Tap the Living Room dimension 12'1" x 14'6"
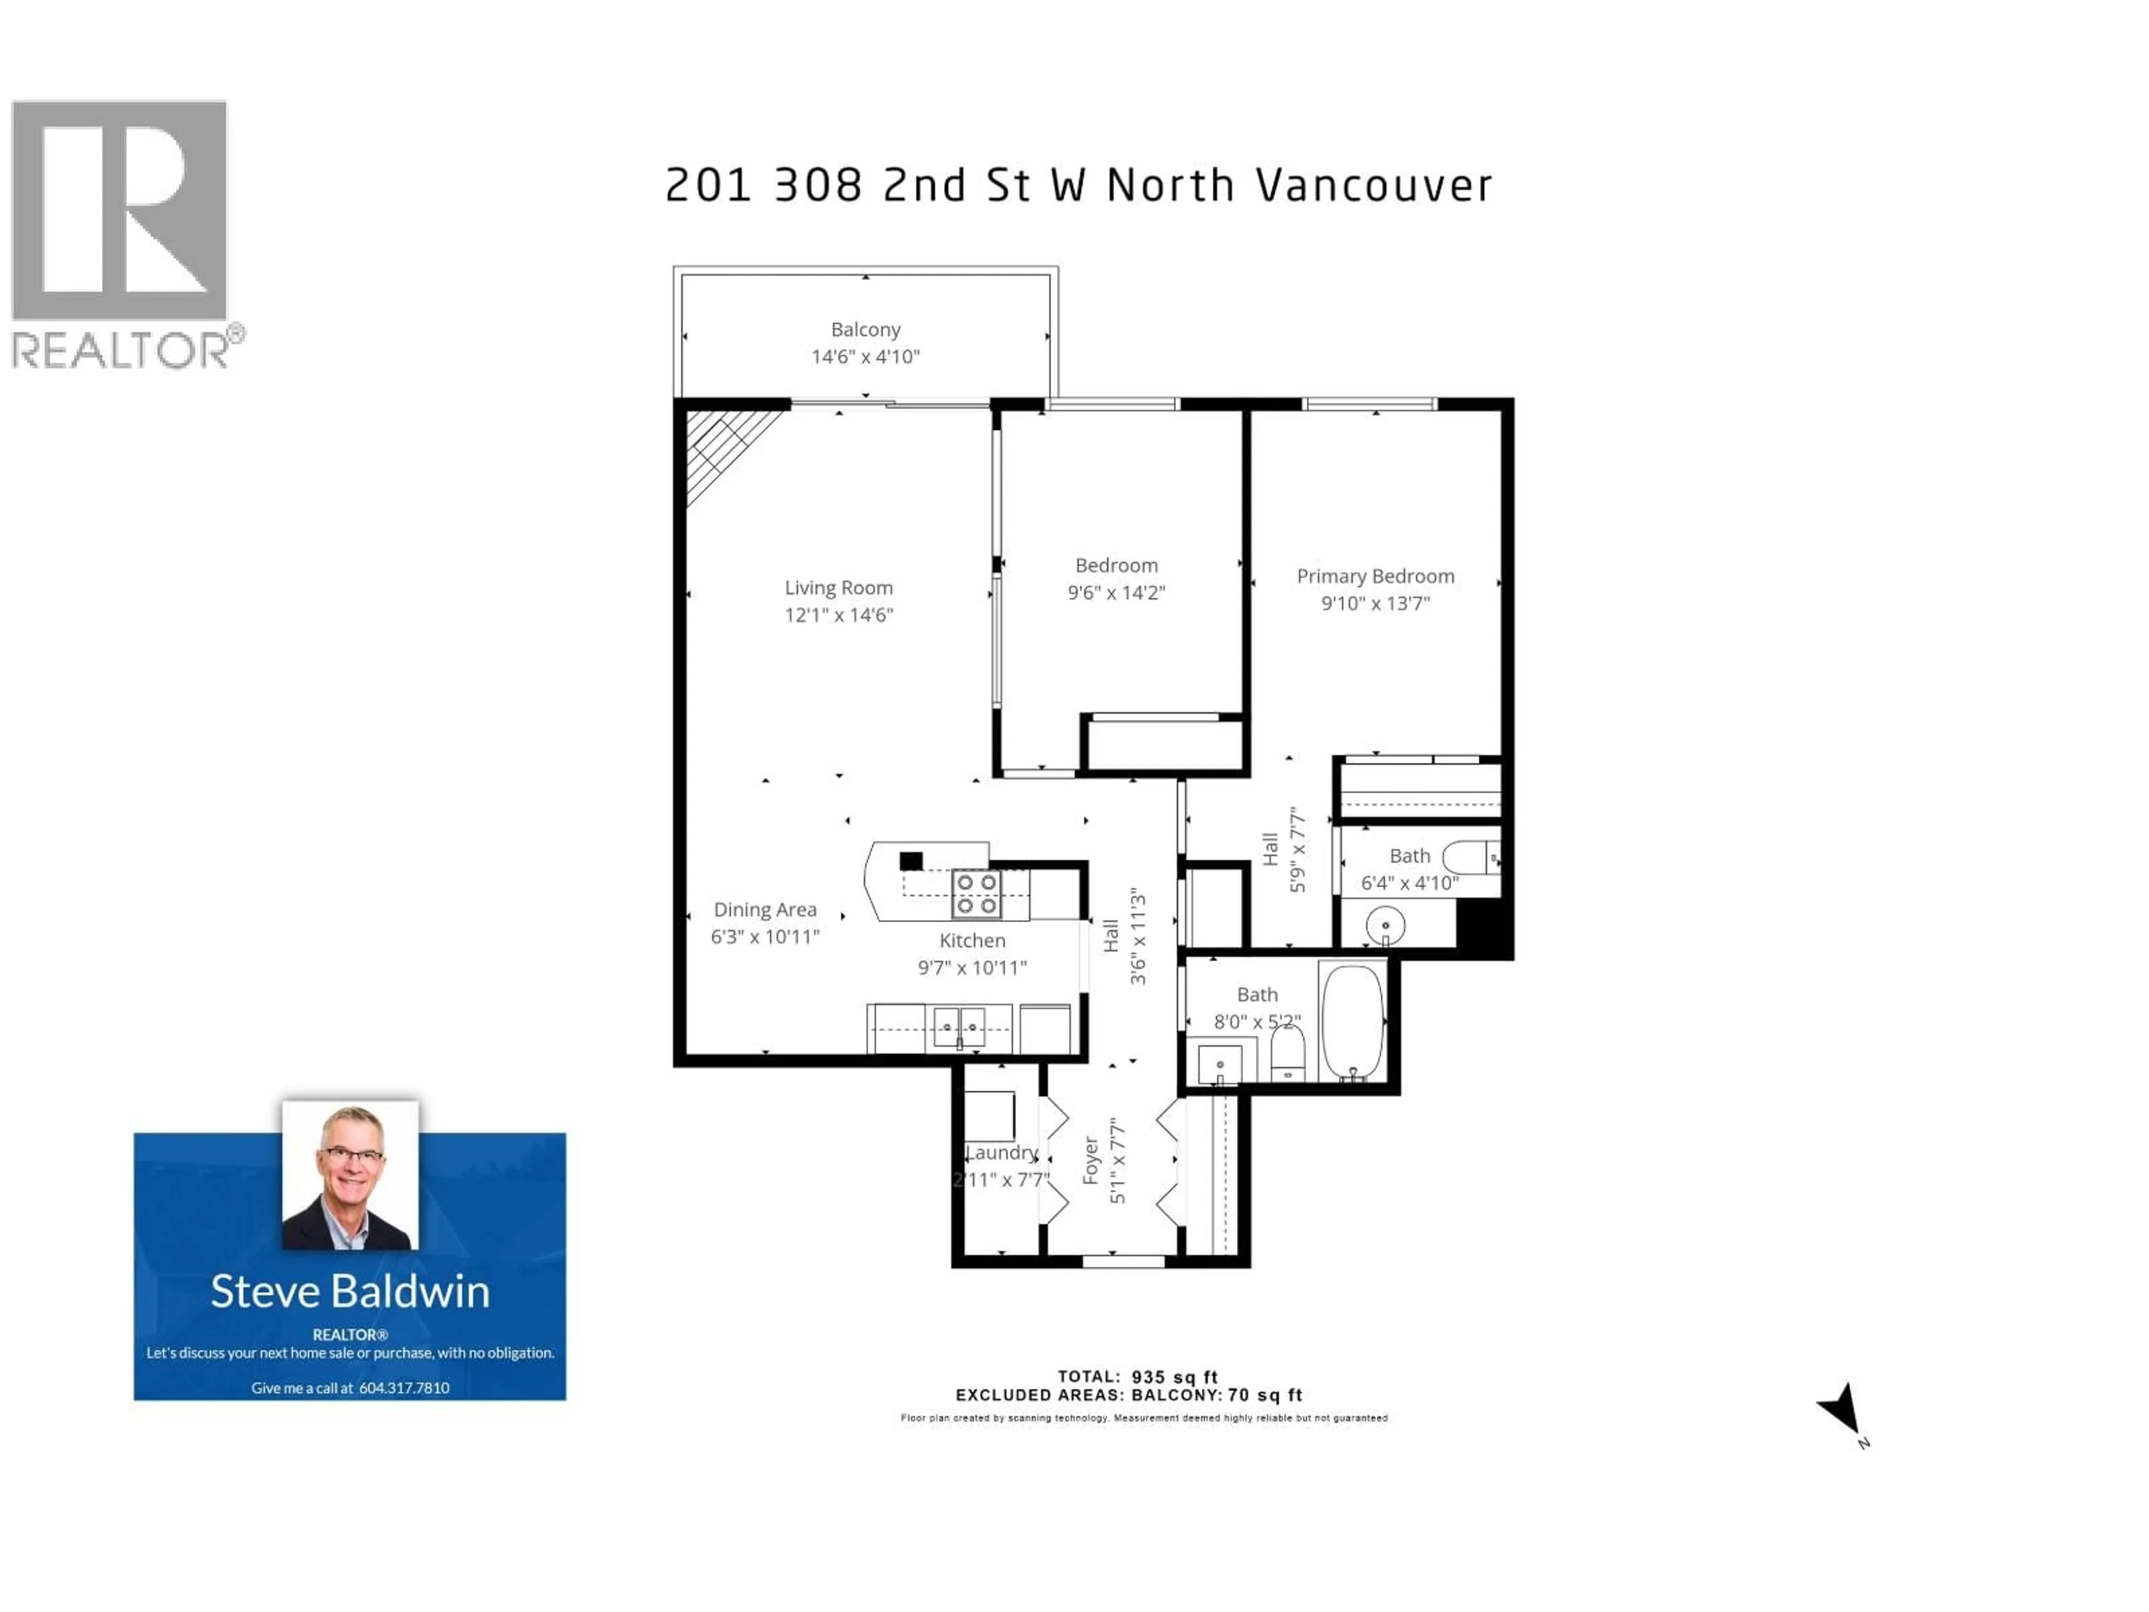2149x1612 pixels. point(838,615)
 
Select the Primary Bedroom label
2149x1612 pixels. point(1374,576)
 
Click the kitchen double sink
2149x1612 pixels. point(958,1027)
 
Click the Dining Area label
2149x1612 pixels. point(764,910)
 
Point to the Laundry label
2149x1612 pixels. point(1002,1152)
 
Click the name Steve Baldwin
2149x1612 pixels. point(350,1291)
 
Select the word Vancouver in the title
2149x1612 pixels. point(1374,186)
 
